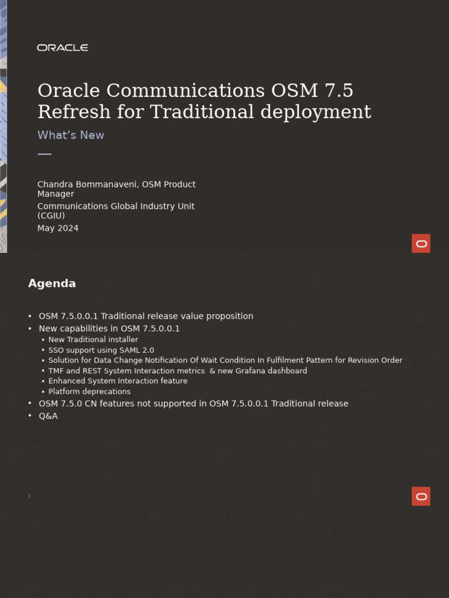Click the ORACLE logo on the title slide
click(x=63, y=48)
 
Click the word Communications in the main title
click(x=185, y=91)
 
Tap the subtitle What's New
click(x=71, y=135)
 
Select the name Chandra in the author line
click(x=56, y=185)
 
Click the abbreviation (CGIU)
click(x=51, y=216)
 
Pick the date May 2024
click(x=58, y=228)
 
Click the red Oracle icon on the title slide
click(x=421, y=244)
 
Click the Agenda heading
click(x=52, y=284)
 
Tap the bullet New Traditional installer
click(x=93, y=340)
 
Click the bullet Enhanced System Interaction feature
click(x=118, y=381)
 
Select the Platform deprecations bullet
click(x=89, y=392)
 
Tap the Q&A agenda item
click(x=48, y=416)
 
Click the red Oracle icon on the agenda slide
click(x=421, y=496)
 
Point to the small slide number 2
click(x=29, y=496)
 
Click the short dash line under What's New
click(x=44, y=154)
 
